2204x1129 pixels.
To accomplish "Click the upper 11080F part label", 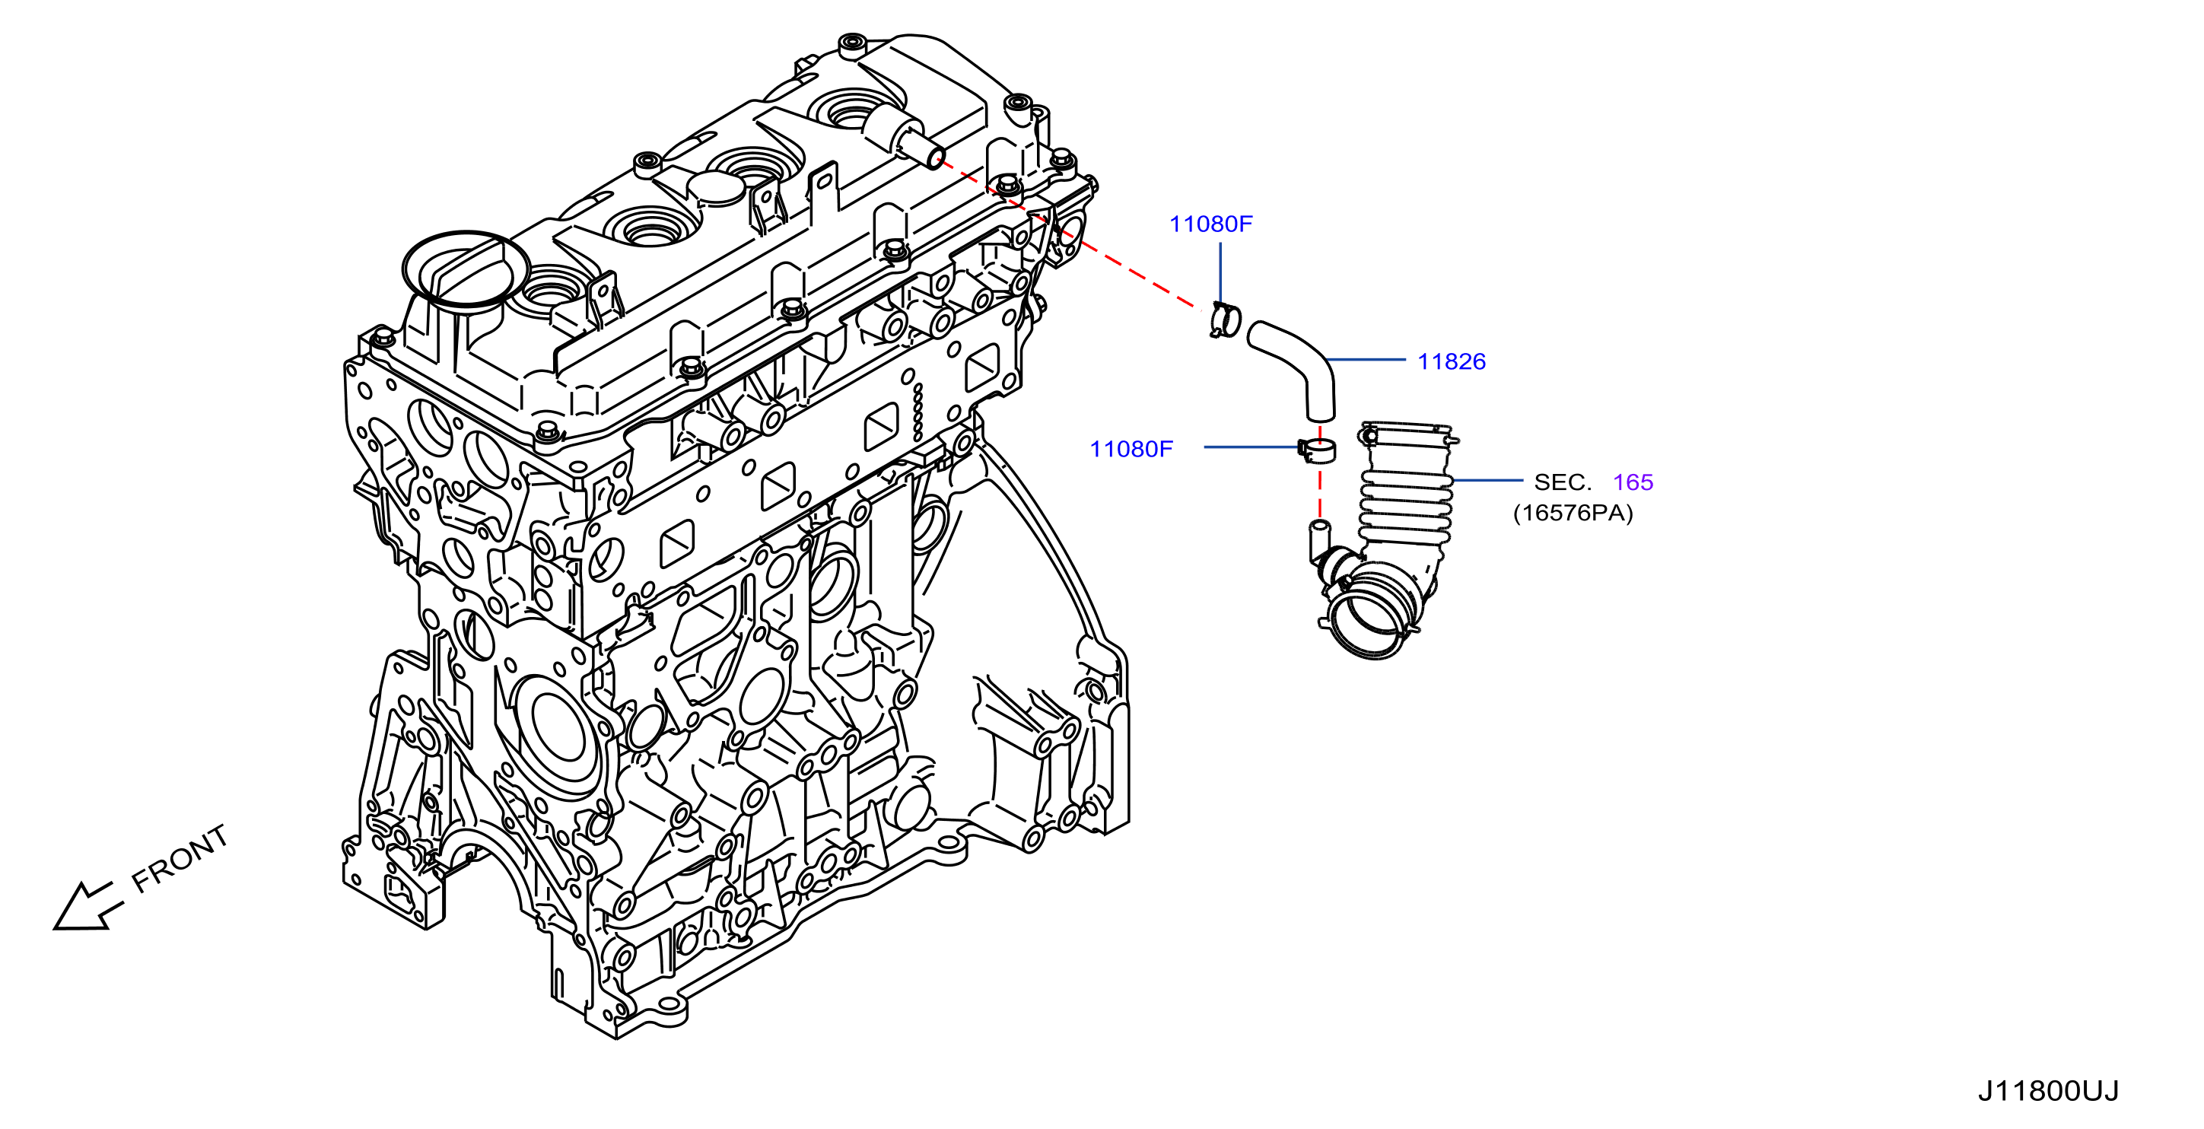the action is point(1210,224).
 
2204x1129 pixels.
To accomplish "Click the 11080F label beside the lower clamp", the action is point(1131,449).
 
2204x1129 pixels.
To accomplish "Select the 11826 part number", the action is point(1451,362).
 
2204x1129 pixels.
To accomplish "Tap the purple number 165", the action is point(1633,482).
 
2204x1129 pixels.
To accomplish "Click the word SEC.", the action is point(1563,482).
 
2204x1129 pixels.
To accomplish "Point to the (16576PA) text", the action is point(1573,514).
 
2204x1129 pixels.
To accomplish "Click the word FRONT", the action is point(180,858).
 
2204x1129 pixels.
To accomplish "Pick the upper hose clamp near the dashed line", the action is point(1225,320).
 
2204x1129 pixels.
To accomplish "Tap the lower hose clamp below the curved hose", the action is point(1316,450).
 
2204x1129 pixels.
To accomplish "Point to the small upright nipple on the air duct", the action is point(1319,541).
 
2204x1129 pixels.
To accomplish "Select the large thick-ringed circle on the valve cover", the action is point(466,268).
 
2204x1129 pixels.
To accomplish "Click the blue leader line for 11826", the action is point(1366,360).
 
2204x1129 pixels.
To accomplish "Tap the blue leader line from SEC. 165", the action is point(1488,481).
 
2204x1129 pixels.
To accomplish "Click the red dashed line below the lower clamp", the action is point(1319,491).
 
